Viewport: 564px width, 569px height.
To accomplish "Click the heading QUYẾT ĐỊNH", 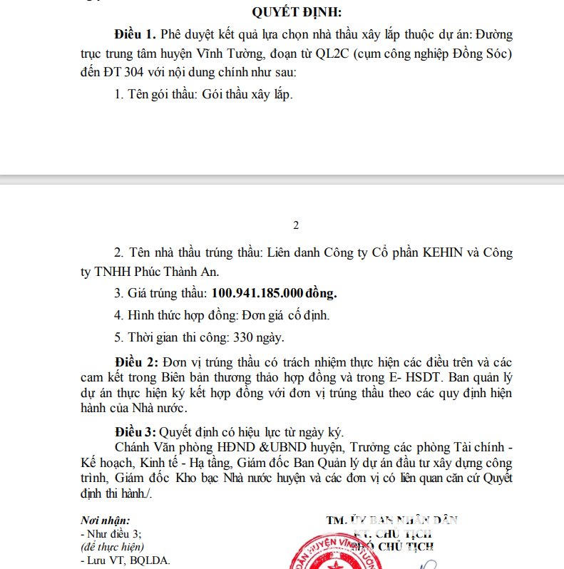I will (297, 12).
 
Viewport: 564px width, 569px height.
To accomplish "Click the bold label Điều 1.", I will (135, 34).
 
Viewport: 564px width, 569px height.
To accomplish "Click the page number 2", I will (296, 225).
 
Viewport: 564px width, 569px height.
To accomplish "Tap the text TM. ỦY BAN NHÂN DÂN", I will (392, 520).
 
